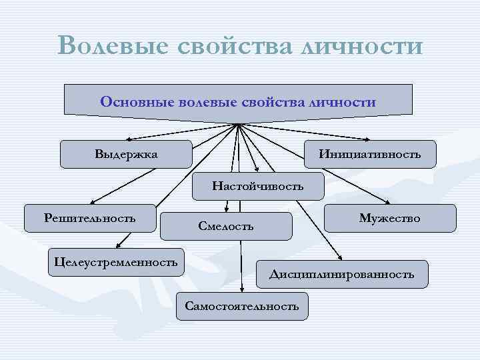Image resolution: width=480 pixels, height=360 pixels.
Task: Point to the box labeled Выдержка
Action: pyautogui.click(x=126, y=154)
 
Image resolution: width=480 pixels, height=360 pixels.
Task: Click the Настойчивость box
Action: pyautogui.click(x=257, y=186)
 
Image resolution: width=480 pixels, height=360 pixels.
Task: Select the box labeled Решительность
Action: pyautogui.click(x=90, y=217)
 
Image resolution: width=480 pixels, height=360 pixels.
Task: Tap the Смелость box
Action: pyautogui.click(x=227, y=226)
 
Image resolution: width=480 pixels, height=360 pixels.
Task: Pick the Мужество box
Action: pyautogui.click(x=390, y=218)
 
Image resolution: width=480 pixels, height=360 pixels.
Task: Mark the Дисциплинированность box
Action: pyautogui.click(x=341, y=274)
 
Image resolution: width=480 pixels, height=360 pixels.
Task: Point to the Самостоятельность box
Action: pyautogui.click(x=242, y=306)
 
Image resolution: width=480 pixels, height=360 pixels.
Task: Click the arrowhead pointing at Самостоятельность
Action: pyautogui.click(x=243, y=287)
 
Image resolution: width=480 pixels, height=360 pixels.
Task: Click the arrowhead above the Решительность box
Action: pyautogui.click(x=93, y=200)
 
